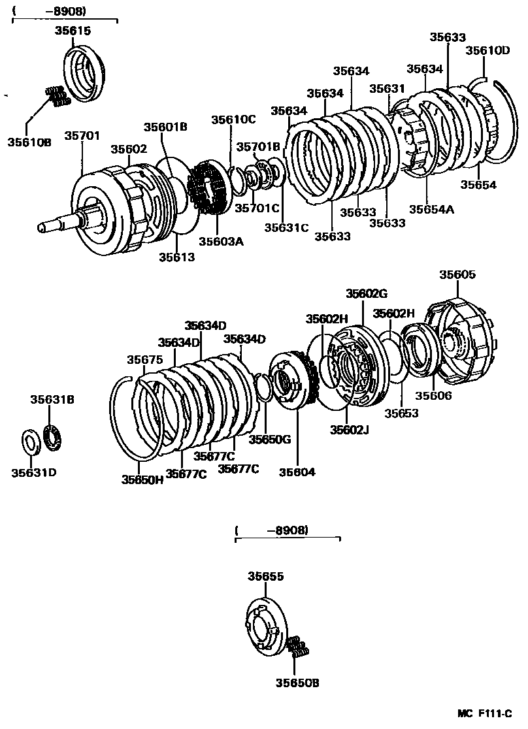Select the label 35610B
29,141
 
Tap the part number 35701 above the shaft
82,135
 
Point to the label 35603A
221,241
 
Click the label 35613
176,257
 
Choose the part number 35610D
487,50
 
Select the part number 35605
457,275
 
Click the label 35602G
367,293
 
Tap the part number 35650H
142,479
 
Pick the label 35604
297,471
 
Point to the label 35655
265,576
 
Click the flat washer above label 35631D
31,442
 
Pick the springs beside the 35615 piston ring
57,95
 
